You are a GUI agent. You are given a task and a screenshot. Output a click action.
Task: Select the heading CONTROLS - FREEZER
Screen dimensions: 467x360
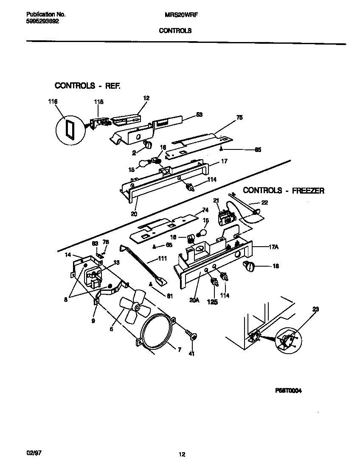pos(283,191)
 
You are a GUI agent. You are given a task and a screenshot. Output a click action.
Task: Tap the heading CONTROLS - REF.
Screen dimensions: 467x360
pos(87,86)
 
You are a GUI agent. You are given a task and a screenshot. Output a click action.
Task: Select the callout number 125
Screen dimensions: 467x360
pos(212,302)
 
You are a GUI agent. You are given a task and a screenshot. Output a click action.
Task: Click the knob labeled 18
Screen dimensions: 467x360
pos(248,267)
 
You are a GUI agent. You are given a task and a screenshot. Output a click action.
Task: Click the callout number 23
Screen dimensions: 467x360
pos(315,309)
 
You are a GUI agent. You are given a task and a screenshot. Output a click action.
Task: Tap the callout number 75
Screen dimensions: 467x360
pos(239,118)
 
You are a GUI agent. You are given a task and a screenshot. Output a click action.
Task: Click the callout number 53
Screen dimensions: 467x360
pos(199,114)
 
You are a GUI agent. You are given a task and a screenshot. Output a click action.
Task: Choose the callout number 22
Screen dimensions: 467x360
pos(264,203)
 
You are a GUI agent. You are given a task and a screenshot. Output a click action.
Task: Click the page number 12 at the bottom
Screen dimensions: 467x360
pos(182,455)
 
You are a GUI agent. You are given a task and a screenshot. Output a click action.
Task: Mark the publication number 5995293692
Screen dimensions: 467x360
pos(39,21)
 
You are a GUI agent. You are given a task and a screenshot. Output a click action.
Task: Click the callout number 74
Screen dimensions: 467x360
pos(205,210)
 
